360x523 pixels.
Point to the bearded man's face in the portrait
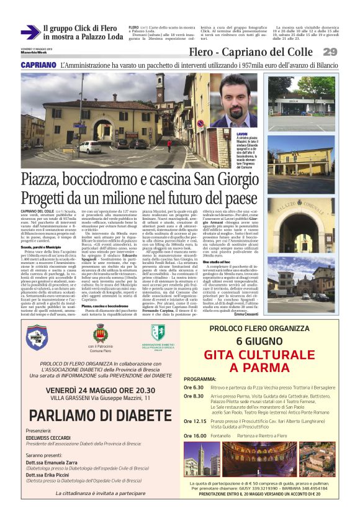point(236,99)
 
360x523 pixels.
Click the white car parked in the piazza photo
point(90,147)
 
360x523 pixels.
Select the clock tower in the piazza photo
point(160,102)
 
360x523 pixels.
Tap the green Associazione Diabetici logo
point(158,332)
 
